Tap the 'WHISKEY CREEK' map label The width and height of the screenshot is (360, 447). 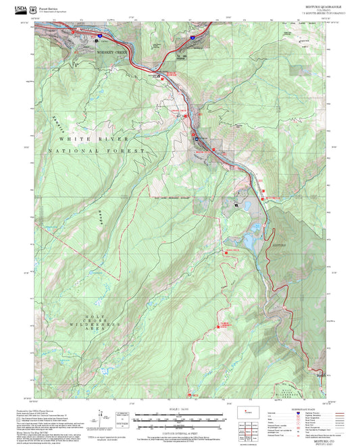pyautogui.click(x=111, y=51)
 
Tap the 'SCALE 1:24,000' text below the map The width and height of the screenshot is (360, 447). pyautogui.click(x=180, y=407)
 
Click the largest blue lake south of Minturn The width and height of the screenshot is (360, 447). pyautogui.click(x=249, y=240)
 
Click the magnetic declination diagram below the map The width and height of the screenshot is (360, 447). pyautogui.click(x=103, y=416)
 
